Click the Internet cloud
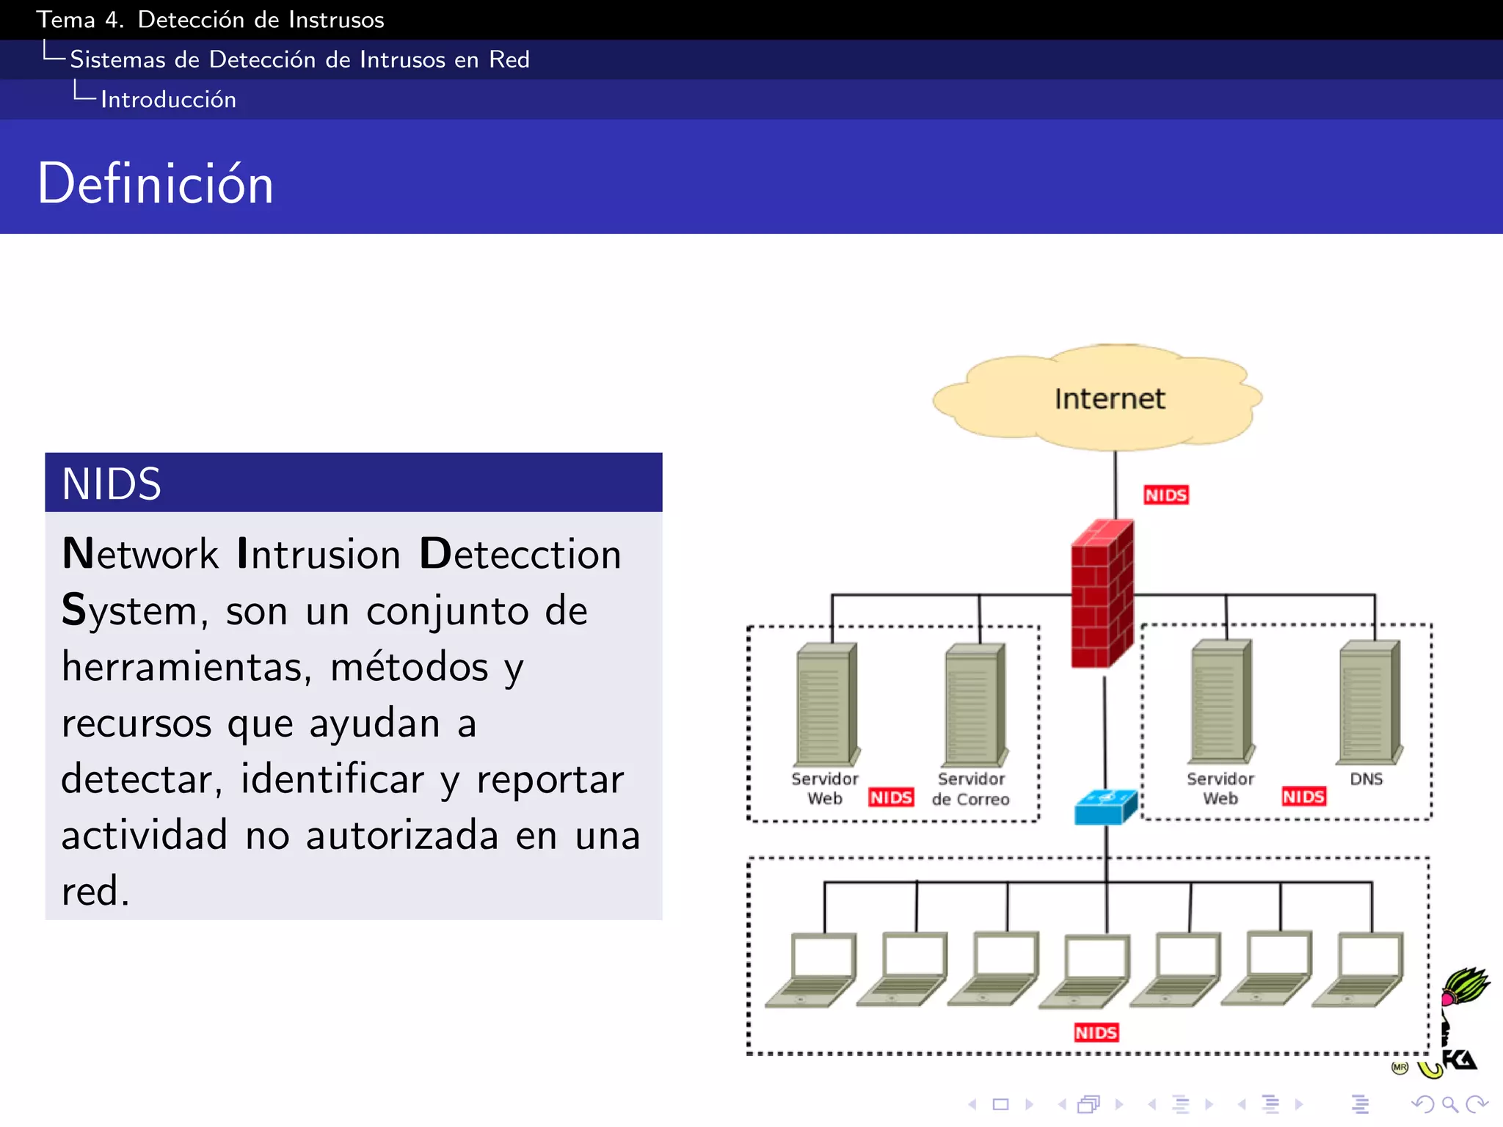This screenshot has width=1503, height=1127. pos(1098,398)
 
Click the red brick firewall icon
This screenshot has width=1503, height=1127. pos(1102,594)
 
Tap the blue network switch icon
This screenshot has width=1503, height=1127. pos(1105,807)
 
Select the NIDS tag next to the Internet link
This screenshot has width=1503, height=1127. pos(1165,495)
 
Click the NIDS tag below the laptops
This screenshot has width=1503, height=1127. pos(1096,1032)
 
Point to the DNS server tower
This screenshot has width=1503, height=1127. pos(1369,702)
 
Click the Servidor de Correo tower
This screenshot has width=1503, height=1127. pos(974,704)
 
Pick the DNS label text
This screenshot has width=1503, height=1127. pos(1366,779)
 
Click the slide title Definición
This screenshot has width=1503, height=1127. pos(156,183)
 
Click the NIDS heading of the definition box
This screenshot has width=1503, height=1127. pos(112,484)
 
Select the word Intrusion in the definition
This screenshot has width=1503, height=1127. pos(319,554)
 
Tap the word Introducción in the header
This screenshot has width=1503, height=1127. pos(168,100)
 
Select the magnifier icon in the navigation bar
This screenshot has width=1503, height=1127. pos(1449,1104)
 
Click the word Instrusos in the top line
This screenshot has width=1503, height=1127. pos(336,20)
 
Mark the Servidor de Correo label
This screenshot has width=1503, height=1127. pos(971,789)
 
